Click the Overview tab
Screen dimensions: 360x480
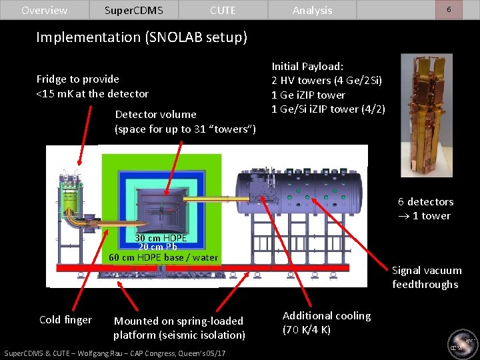click(44, 10)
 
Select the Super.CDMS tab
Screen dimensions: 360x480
click(133, 10)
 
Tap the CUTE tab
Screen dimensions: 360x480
click(223, 10)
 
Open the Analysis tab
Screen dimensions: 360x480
click(312, 10)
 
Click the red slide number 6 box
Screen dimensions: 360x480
click(449, 9)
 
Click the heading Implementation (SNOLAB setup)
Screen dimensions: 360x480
click(141, 37)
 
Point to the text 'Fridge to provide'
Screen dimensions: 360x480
click(78, 79)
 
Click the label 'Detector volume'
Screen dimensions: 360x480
click(155, 115)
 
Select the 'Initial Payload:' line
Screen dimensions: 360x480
click(307, 67)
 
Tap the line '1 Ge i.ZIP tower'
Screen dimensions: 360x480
click(308, 95)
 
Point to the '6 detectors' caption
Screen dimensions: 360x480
click(425, 201)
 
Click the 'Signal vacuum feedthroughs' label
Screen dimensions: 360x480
click(426, 277)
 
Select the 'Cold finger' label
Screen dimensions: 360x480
click(65, 320)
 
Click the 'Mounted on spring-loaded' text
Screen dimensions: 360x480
click(179, 321)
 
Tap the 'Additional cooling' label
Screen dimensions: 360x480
click(326, 315)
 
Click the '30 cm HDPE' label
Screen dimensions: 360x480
click(161, 238)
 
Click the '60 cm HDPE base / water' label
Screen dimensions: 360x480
click(163, 257)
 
